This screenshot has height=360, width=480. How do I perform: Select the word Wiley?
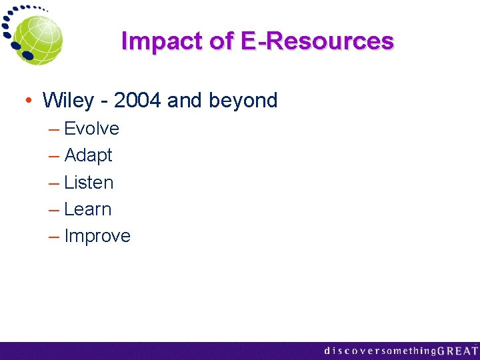[x=68, y=101]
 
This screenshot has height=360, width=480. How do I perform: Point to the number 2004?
[x=138, y=101]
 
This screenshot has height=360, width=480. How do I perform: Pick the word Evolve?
[x=91, y=129]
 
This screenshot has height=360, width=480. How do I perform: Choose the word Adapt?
[x=88, y=155]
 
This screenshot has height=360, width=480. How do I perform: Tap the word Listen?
[x=89, y=183]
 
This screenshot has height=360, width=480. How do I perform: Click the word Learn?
[x=87, y=209]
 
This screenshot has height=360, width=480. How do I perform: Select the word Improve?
[x=97, y=236]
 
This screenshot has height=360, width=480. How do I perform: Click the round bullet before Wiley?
[x=30, y=101]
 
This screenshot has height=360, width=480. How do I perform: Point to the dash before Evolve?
[x=53, y=129]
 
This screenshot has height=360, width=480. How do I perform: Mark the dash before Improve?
[x=53, y=236]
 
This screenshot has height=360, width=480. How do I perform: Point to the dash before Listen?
[x=53, y=183]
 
